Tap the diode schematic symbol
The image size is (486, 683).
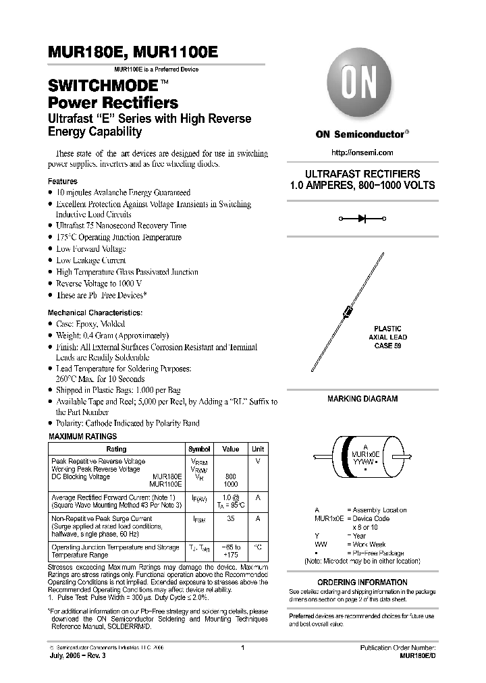tap(362, 219)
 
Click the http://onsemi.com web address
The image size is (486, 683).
tap(362, 154)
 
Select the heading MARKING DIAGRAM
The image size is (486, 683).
tap(362, 399)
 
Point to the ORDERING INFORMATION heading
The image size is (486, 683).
tap(362, 582)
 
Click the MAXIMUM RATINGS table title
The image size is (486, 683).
tap(82, 437)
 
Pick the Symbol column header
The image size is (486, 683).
tap(199, 449)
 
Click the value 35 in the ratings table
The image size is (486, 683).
tap(231, 520)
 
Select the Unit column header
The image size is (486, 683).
tap(258, 449)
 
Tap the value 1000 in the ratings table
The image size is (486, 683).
tap(231, 484)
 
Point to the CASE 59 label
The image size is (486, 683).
tap(387, 345)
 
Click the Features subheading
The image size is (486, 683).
tap(62, 182)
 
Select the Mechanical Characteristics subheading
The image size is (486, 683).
tap(94, 313)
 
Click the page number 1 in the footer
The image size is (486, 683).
tap(242, 647)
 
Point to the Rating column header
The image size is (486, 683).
tap(116, 449)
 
